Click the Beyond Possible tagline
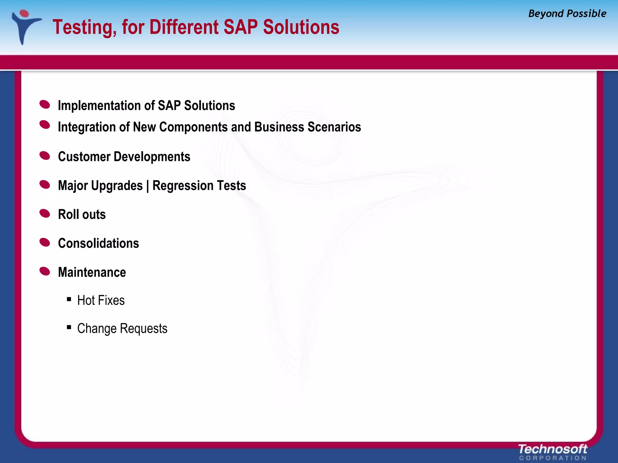coord(567,14)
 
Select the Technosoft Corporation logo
coord(553,452)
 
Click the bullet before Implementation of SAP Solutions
coord(45,105)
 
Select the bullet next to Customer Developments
coord(45,156)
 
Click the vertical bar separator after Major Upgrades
coord(148,186)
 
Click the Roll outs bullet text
coord(82,215)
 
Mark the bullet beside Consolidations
coord(45,242)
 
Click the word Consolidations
coord(98,243)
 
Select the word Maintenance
coord(92,272)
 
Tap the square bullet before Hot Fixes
coord(69,299)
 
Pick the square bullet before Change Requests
coord(69,327)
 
